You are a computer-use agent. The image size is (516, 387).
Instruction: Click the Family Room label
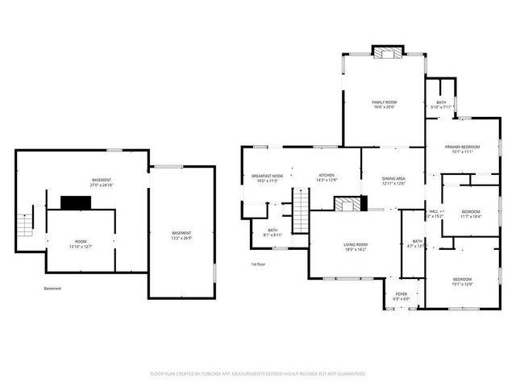385,102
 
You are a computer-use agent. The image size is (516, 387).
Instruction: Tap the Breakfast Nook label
267,176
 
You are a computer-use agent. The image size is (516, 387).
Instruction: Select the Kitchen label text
327,176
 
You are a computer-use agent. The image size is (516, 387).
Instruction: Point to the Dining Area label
393,177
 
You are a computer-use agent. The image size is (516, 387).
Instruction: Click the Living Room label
356,244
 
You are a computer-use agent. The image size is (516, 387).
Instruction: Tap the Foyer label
402,294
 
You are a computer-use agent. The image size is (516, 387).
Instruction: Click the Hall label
433,211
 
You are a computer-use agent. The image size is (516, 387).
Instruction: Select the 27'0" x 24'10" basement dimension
102,185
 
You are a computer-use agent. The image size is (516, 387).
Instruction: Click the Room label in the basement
81,241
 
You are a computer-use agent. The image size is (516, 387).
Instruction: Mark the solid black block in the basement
77,202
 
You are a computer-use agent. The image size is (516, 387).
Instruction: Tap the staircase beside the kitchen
300,210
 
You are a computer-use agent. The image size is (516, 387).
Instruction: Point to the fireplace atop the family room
385,52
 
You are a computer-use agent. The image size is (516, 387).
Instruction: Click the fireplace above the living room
349,205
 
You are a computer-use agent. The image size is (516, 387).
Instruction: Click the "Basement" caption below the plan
52,288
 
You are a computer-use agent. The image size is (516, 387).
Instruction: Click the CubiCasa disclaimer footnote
258,374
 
